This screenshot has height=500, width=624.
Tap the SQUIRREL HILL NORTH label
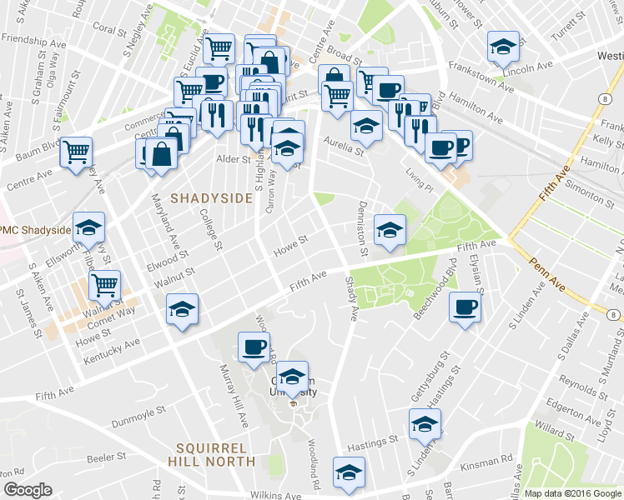(x=211, y=453)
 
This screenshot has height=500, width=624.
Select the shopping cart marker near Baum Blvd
(x=77, y=152)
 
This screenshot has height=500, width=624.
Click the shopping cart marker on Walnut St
(x=104, y=286)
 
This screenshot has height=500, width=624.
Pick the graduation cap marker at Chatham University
(x=292, y=377)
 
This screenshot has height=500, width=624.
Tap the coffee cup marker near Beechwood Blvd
(x=465, y=307)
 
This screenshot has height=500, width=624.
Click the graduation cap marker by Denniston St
(x=390, y=229)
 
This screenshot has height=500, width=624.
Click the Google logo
(x=28, y=490)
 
